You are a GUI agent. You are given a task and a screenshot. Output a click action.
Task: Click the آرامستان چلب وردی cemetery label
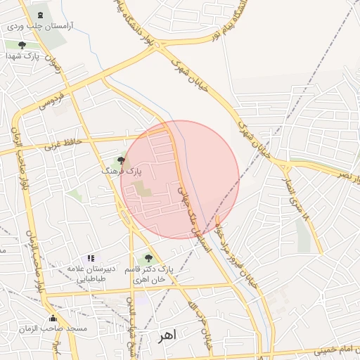pos(44,25)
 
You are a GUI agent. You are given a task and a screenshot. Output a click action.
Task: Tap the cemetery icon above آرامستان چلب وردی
pos(39,15)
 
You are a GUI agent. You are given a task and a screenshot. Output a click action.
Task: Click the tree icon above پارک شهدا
pos(22,46)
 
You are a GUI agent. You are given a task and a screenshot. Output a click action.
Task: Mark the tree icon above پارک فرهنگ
pos(121,160)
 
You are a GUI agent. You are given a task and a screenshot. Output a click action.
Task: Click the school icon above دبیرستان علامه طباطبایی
pos(91,259)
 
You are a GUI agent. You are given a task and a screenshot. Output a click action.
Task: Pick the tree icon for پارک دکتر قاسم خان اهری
pos(148,258)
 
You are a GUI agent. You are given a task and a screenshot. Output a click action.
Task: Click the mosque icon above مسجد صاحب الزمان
pos(53,319)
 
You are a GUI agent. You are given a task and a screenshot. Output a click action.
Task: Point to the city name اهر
pos(166,336)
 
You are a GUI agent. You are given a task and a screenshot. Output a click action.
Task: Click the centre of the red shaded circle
pos(180,179)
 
